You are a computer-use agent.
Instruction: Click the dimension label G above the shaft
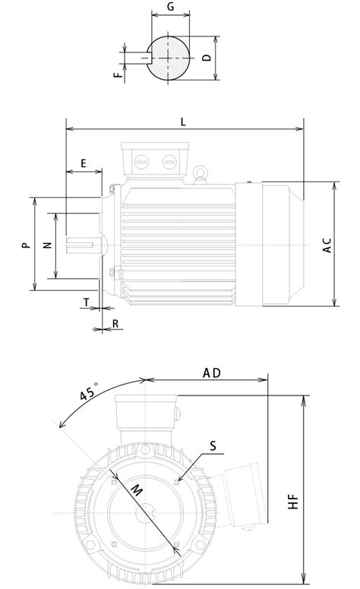(x=171, y=6)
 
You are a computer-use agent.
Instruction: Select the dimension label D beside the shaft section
(x=207, y=58)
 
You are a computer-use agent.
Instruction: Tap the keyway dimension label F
(x=118, y=74)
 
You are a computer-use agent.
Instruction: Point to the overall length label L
(x=183, y=122)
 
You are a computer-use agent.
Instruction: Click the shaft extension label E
(x=84, y=163)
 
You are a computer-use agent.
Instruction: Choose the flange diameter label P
(x=26, y=245)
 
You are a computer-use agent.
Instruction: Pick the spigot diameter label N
(x=47, y=245)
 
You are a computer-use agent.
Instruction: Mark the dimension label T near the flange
(x=87, y=302)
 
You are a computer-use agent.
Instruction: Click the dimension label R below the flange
(x=115, y=324)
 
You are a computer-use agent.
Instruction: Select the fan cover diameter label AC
(x=327, y=245)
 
